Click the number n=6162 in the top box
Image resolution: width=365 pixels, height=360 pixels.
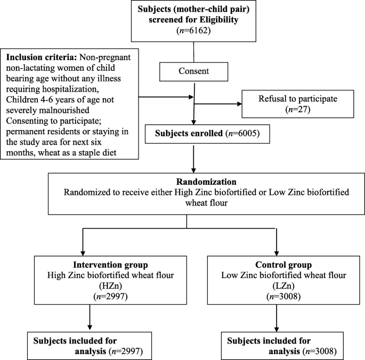pos(194,31)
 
